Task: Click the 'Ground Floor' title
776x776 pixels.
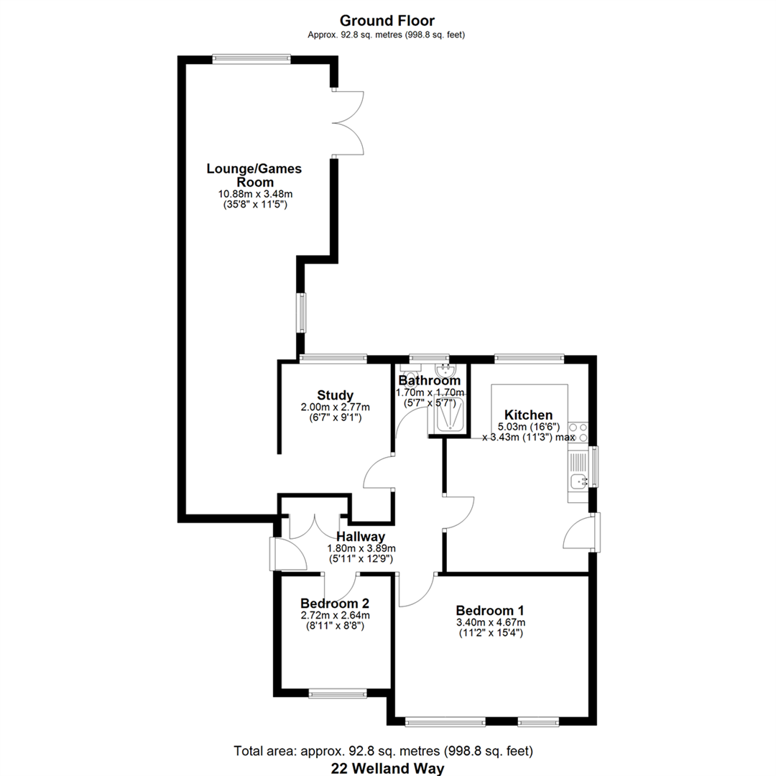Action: [387, 21]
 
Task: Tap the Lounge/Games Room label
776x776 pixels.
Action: [254, 175]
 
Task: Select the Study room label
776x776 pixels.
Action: [335, 395]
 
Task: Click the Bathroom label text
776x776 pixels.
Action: [429, 381]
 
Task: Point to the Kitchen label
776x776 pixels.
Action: [528, 415]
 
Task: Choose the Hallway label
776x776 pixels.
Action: [361, 537]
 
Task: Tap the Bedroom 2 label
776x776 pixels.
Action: [335, 604]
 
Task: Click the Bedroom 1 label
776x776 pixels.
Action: [490, 611]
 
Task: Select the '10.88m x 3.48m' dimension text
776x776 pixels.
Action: [255, 194]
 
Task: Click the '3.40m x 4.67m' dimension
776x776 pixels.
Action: [491, 622]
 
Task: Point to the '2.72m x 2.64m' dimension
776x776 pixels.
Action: [335, 616]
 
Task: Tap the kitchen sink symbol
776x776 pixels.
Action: [578, 481]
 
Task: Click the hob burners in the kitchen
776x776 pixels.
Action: [578, 432]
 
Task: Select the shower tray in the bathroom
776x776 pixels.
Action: [448, 414]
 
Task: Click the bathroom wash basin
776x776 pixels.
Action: [445, 371]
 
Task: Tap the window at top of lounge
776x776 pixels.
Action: [251, 59]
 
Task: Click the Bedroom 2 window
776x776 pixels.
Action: [338, 694]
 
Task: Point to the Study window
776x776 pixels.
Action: [333, 359]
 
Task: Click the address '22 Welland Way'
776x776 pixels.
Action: [387, 769]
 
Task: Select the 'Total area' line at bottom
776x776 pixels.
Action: [384, 752]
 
